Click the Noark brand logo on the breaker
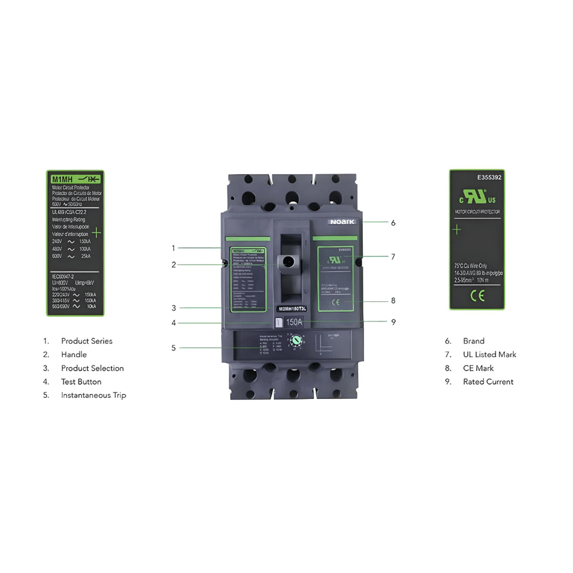tap(342, 222)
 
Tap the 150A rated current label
tap(293, 323)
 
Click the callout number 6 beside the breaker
tap(393, 223)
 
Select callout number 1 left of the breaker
tap(173, 248)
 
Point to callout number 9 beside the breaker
tap(393, 322)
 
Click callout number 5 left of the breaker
tap(173, 347)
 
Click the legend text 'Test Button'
tap(81, 382)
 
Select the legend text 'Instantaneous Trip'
tap(93, 395)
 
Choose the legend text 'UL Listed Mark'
tap(489, 355)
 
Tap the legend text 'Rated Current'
tap(488, 382)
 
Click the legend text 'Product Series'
tap(87, 341)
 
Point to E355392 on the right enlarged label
tap(489, 178)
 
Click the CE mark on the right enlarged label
tap(477, 296)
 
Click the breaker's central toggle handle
tap(288, 262)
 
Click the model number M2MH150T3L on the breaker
tap(293, 309)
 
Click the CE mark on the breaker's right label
tap(337, 301)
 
